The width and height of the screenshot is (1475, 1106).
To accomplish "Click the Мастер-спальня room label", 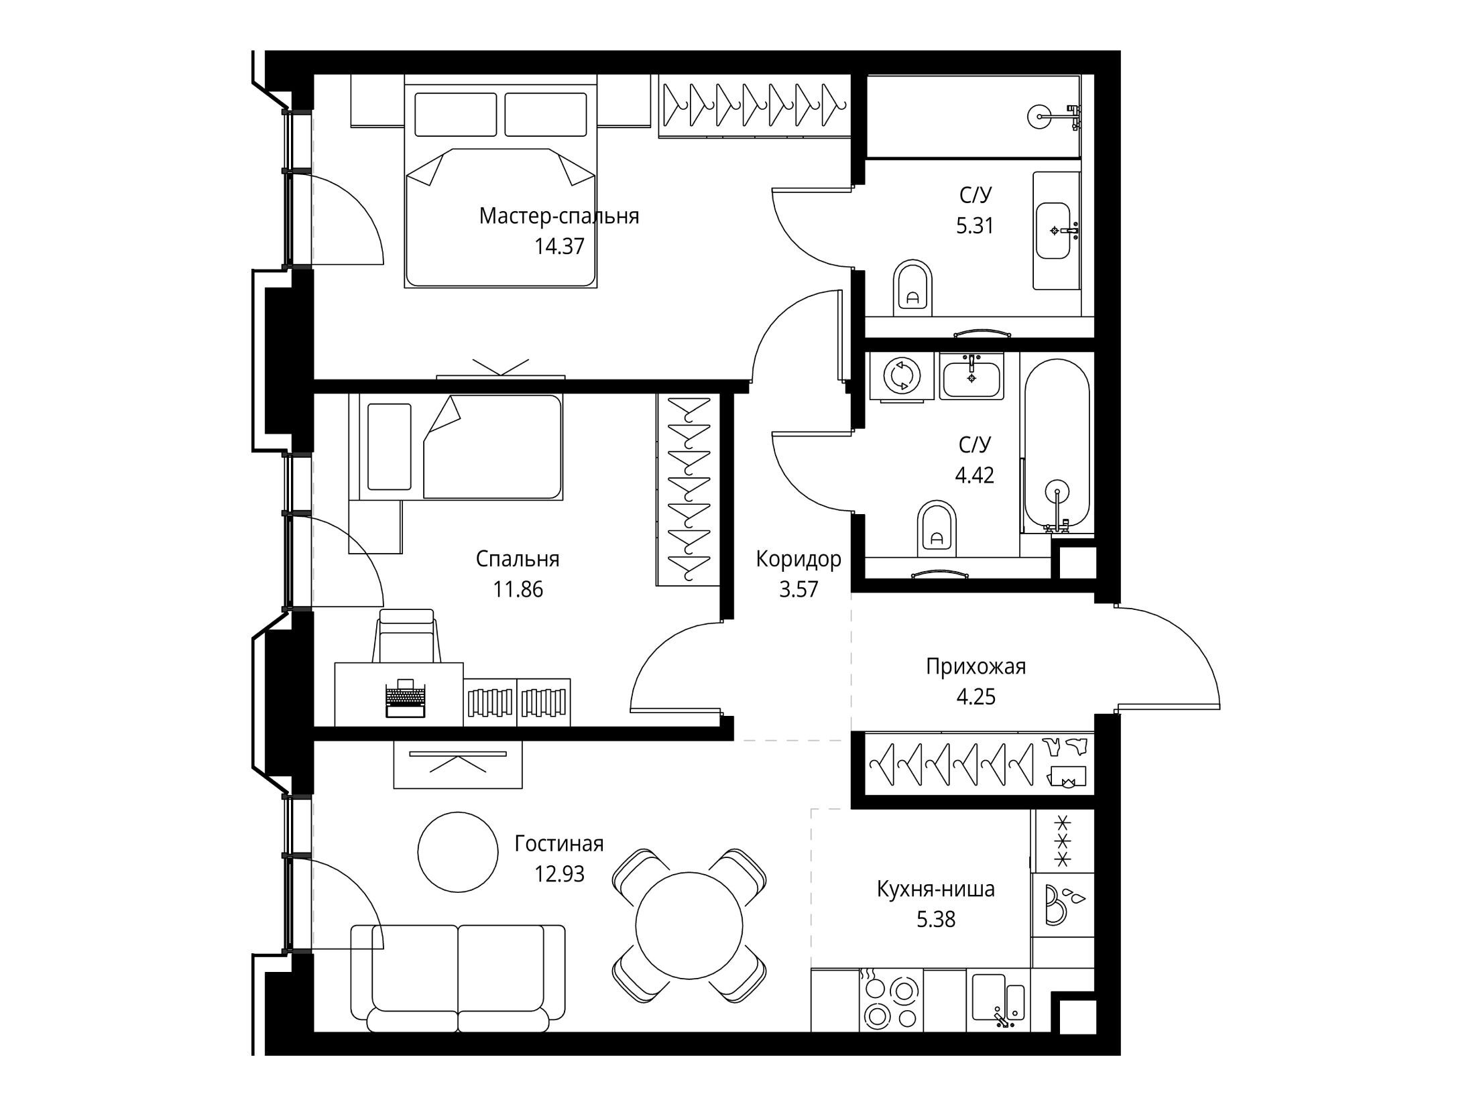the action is point(559,217).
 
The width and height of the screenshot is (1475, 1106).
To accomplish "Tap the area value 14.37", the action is point(559,247).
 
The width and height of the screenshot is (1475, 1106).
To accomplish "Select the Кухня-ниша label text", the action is point(936,889).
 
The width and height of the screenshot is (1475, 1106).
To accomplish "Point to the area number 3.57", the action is point(799,589).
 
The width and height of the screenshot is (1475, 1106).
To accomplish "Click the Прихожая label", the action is point(976,666).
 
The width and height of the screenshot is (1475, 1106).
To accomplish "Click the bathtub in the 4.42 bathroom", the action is point(1057,446).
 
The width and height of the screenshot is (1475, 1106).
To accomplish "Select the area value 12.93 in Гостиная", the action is point(559,873).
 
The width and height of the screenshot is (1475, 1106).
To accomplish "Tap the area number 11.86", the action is point(518,589).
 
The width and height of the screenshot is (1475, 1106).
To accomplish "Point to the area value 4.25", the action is point(976,696).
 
